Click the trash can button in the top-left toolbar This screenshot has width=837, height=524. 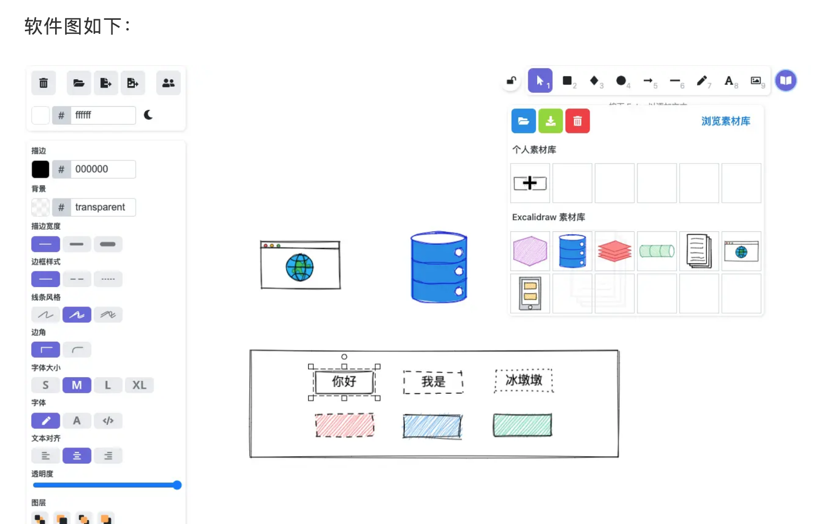44,83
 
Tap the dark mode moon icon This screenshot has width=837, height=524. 148,115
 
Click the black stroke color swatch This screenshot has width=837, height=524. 41,169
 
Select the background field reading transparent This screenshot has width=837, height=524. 103,207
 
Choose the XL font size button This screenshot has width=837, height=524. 139,385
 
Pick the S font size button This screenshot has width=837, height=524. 46,385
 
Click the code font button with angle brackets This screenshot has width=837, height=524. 108,421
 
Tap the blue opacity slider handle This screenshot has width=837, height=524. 177,485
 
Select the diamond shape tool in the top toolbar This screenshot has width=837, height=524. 594,81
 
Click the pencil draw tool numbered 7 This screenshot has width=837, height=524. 702,81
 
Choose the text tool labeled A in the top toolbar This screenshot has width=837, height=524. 729,81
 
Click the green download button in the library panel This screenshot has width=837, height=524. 551,121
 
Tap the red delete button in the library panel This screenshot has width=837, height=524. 577,121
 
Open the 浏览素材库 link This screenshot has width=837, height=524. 726,121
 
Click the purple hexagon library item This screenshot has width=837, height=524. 530,251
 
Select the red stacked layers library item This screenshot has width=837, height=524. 614,251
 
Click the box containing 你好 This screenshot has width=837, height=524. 344,382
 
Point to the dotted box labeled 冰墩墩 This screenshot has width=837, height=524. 524,380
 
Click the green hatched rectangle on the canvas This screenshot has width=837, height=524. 522,425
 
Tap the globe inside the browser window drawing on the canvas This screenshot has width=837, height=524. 300,267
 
